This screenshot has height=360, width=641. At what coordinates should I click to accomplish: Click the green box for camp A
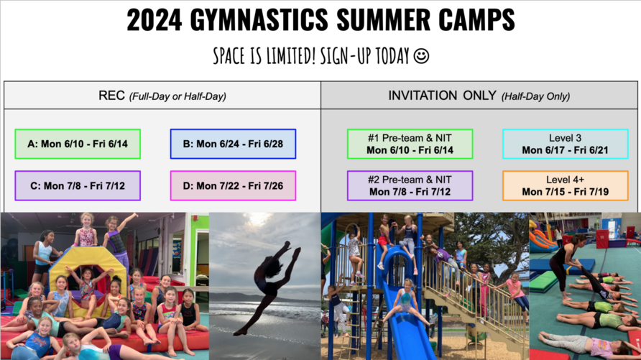(78, 144)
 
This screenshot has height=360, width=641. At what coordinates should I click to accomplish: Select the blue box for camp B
(233, 144)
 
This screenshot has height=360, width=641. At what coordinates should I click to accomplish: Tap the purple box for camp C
(78, 186)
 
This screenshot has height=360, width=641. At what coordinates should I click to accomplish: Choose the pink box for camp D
(233, 186)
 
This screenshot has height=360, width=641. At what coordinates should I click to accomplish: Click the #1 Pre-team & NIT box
(410, 144)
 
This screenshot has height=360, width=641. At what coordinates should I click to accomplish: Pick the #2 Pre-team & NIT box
(410, 186)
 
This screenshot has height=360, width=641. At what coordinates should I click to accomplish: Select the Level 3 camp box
(566, 144)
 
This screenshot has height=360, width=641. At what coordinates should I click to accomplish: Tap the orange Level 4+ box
(566, 186)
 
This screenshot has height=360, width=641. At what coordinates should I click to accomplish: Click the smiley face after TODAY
(422, 56)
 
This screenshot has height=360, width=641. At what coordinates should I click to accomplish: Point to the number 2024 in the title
(154, 19)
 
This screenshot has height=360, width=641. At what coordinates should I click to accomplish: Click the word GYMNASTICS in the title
(259, 19)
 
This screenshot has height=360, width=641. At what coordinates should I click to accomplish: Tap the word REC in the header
(111, 96)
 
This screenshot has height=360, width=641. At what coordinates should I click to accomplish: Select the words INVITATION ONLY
(442, 96)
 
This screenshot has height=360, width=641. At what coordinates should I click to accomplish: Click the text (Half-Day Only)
(535, 96)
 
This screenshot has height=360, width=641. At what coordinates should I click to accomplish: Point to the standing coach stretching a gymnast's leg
(566, 266)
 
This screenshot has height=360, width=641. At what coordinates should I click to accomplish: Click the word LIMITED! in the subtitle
(291, 56)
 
